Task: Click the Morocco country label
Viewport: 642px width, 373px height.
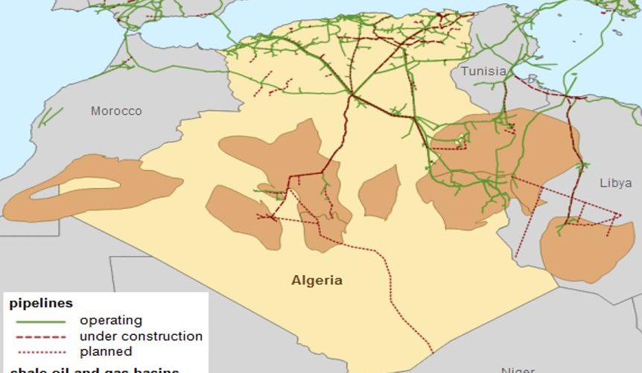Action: pyautogui.click(x=115, y=111)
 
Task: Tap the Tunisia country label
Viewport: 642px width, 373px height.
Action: pyautogui.click(x=483, y=72)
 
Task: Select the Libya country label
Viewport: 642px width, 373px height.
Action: pyautogui.click(x=615, y=183)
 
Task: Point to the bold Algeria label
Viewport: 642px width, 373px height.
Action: pyautogui.click(x=317, y=280)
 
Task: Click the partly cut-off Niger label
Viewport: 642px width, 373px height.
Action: pyautogui.click(x=517, y=369)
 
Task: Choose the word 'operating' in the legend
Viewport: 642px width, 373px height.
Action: pyautogui.click(x=111, y=320)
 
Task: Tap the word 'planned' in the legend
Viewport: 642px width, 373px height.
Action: pyautogui.click(x=106, y=351)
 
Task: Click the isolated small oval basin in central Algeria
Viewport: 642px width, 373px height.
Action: pyautogui.click(x=379, y=192)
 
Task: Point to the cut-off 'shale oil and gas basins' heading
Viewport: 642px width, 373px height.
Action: pyautogui.click(x=94, y=369)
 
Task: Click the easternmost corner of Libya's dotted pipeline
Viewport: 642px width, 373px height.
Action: pyautogui.click(x=620, y=216)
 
